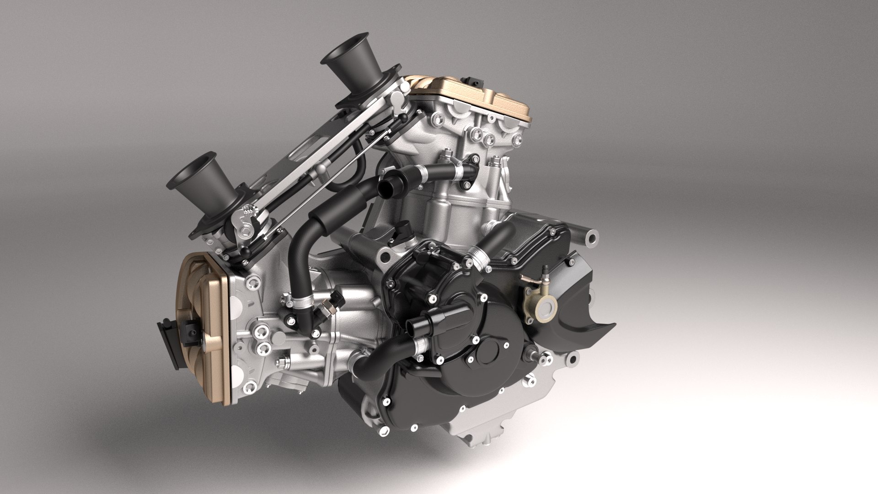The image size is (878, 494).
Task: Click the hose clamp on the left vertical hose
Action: (300, 300)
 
